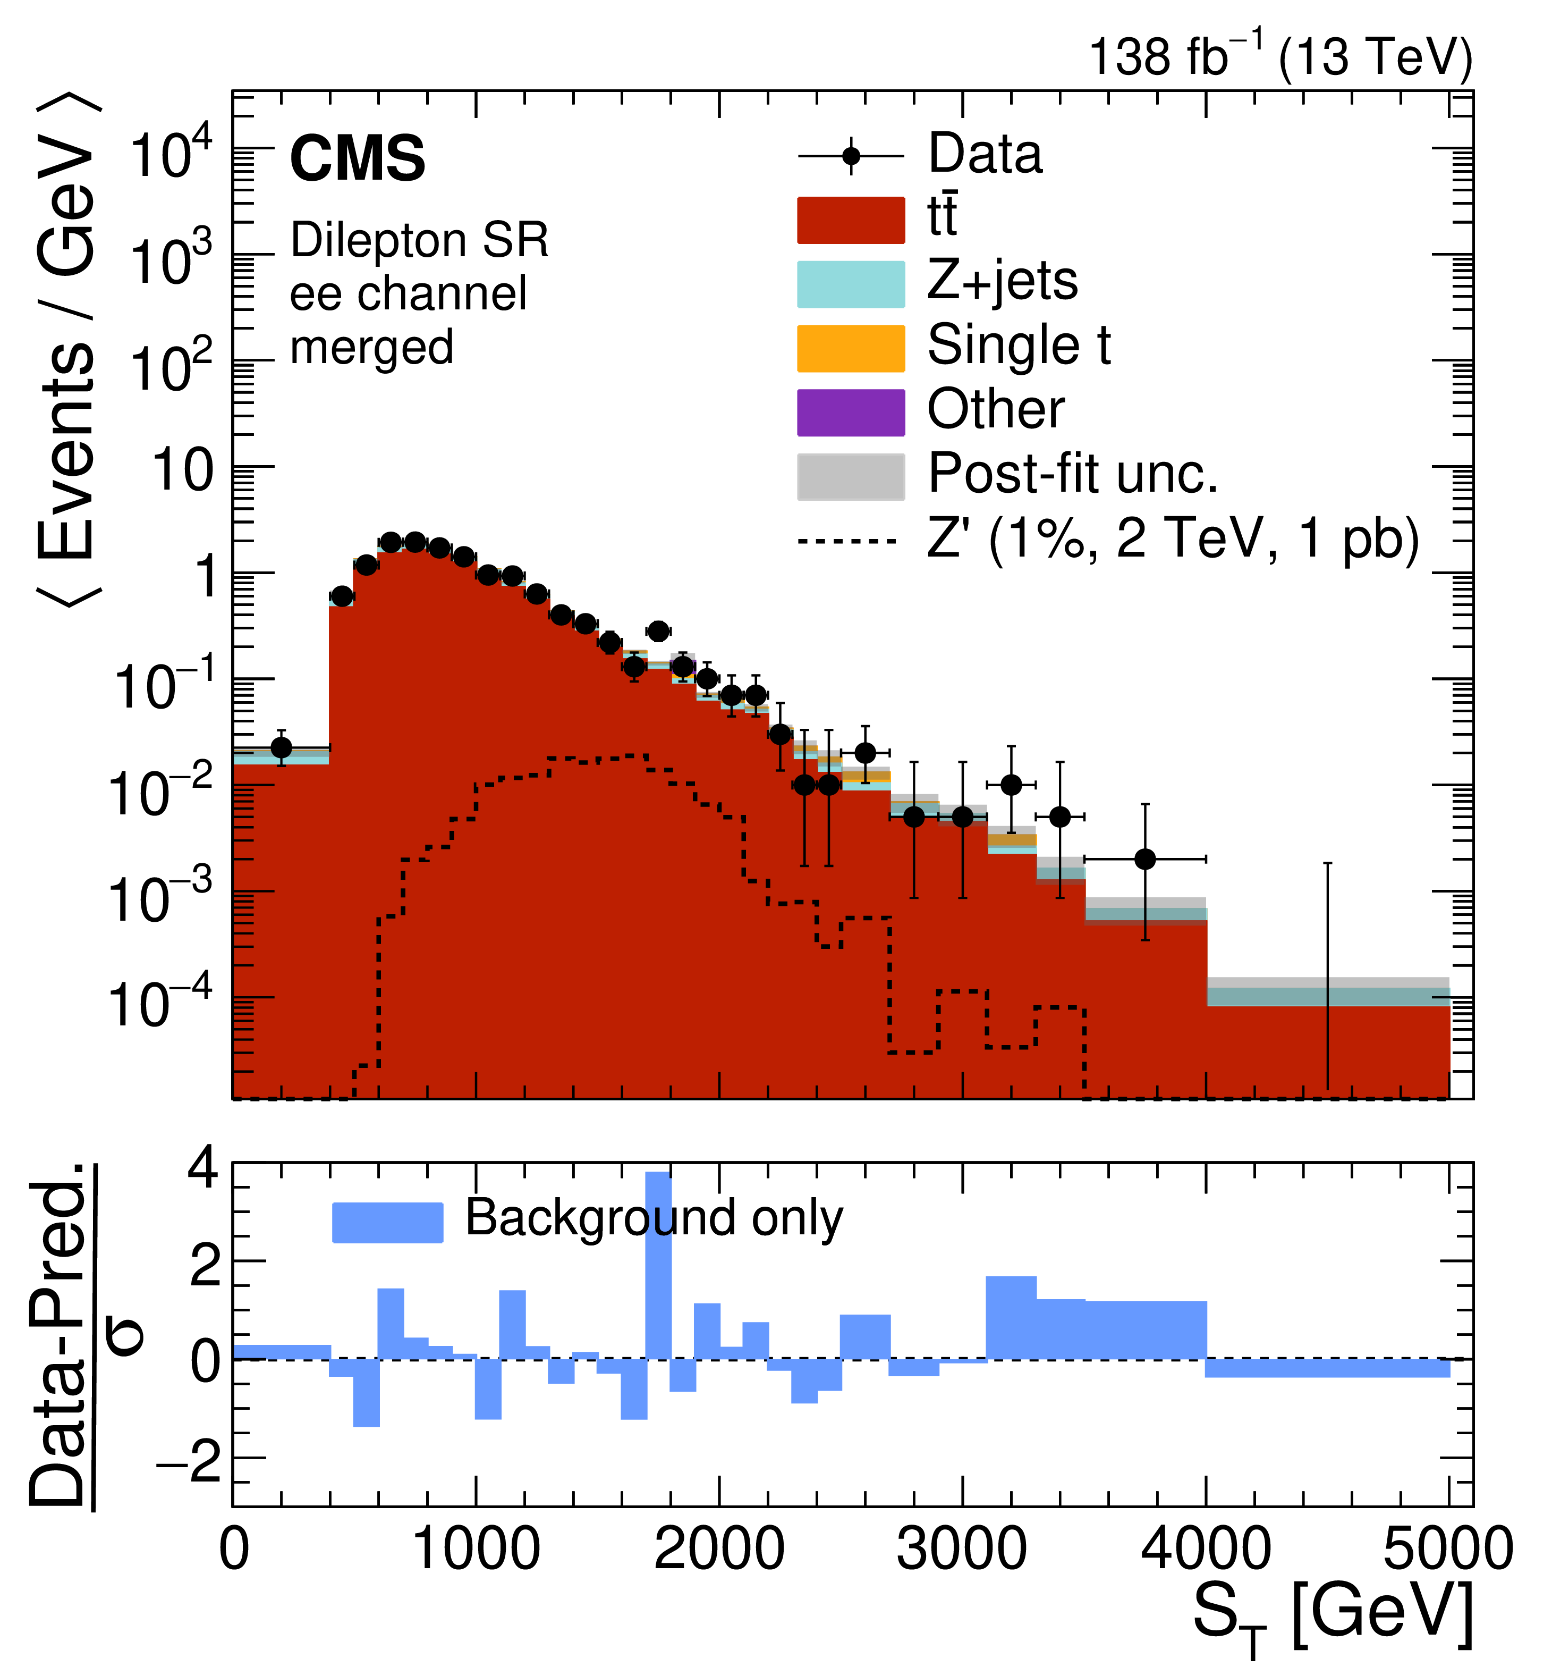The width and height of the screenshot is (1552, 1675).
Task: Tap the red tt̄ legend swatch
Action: [x=850, y=220]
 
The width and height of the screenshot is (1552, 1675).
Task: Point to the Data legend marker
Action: [x=850, y=156]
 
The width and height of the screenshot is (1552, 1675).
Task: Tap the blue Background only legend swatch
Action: [x=387, y=1222]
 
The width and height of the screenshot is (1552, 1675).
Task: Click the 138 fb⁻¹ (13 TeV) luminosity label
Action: [x=1280, y=57]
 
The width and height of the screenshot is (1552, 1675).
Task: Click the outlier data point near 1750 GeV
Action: [x=658, y=631]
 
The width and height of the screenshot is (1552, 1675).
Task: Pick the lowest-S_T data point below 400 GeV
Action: [x=282, y=747]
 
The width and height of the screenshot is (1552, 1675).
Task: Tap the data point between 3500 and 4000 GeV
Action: [x=1144, y=860]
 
